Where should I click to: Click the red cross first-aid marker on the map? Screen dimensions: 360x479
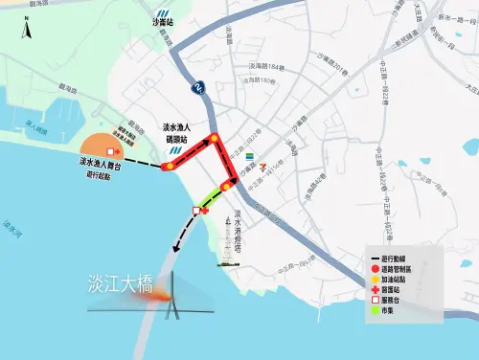tap(205, 210)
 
